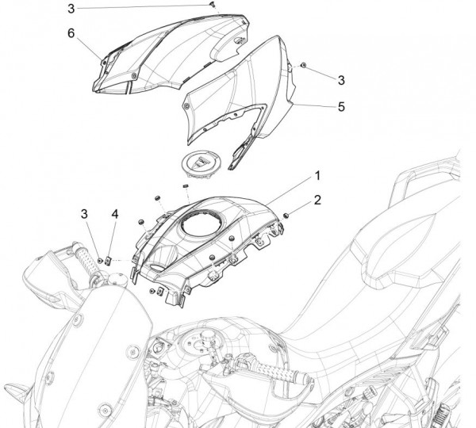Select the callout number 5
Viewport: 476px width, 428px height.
pyautogui.click(x=341, y=105)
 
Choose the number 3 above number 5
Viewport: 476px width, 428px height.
pyautogui.click(x=341, y=80)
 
